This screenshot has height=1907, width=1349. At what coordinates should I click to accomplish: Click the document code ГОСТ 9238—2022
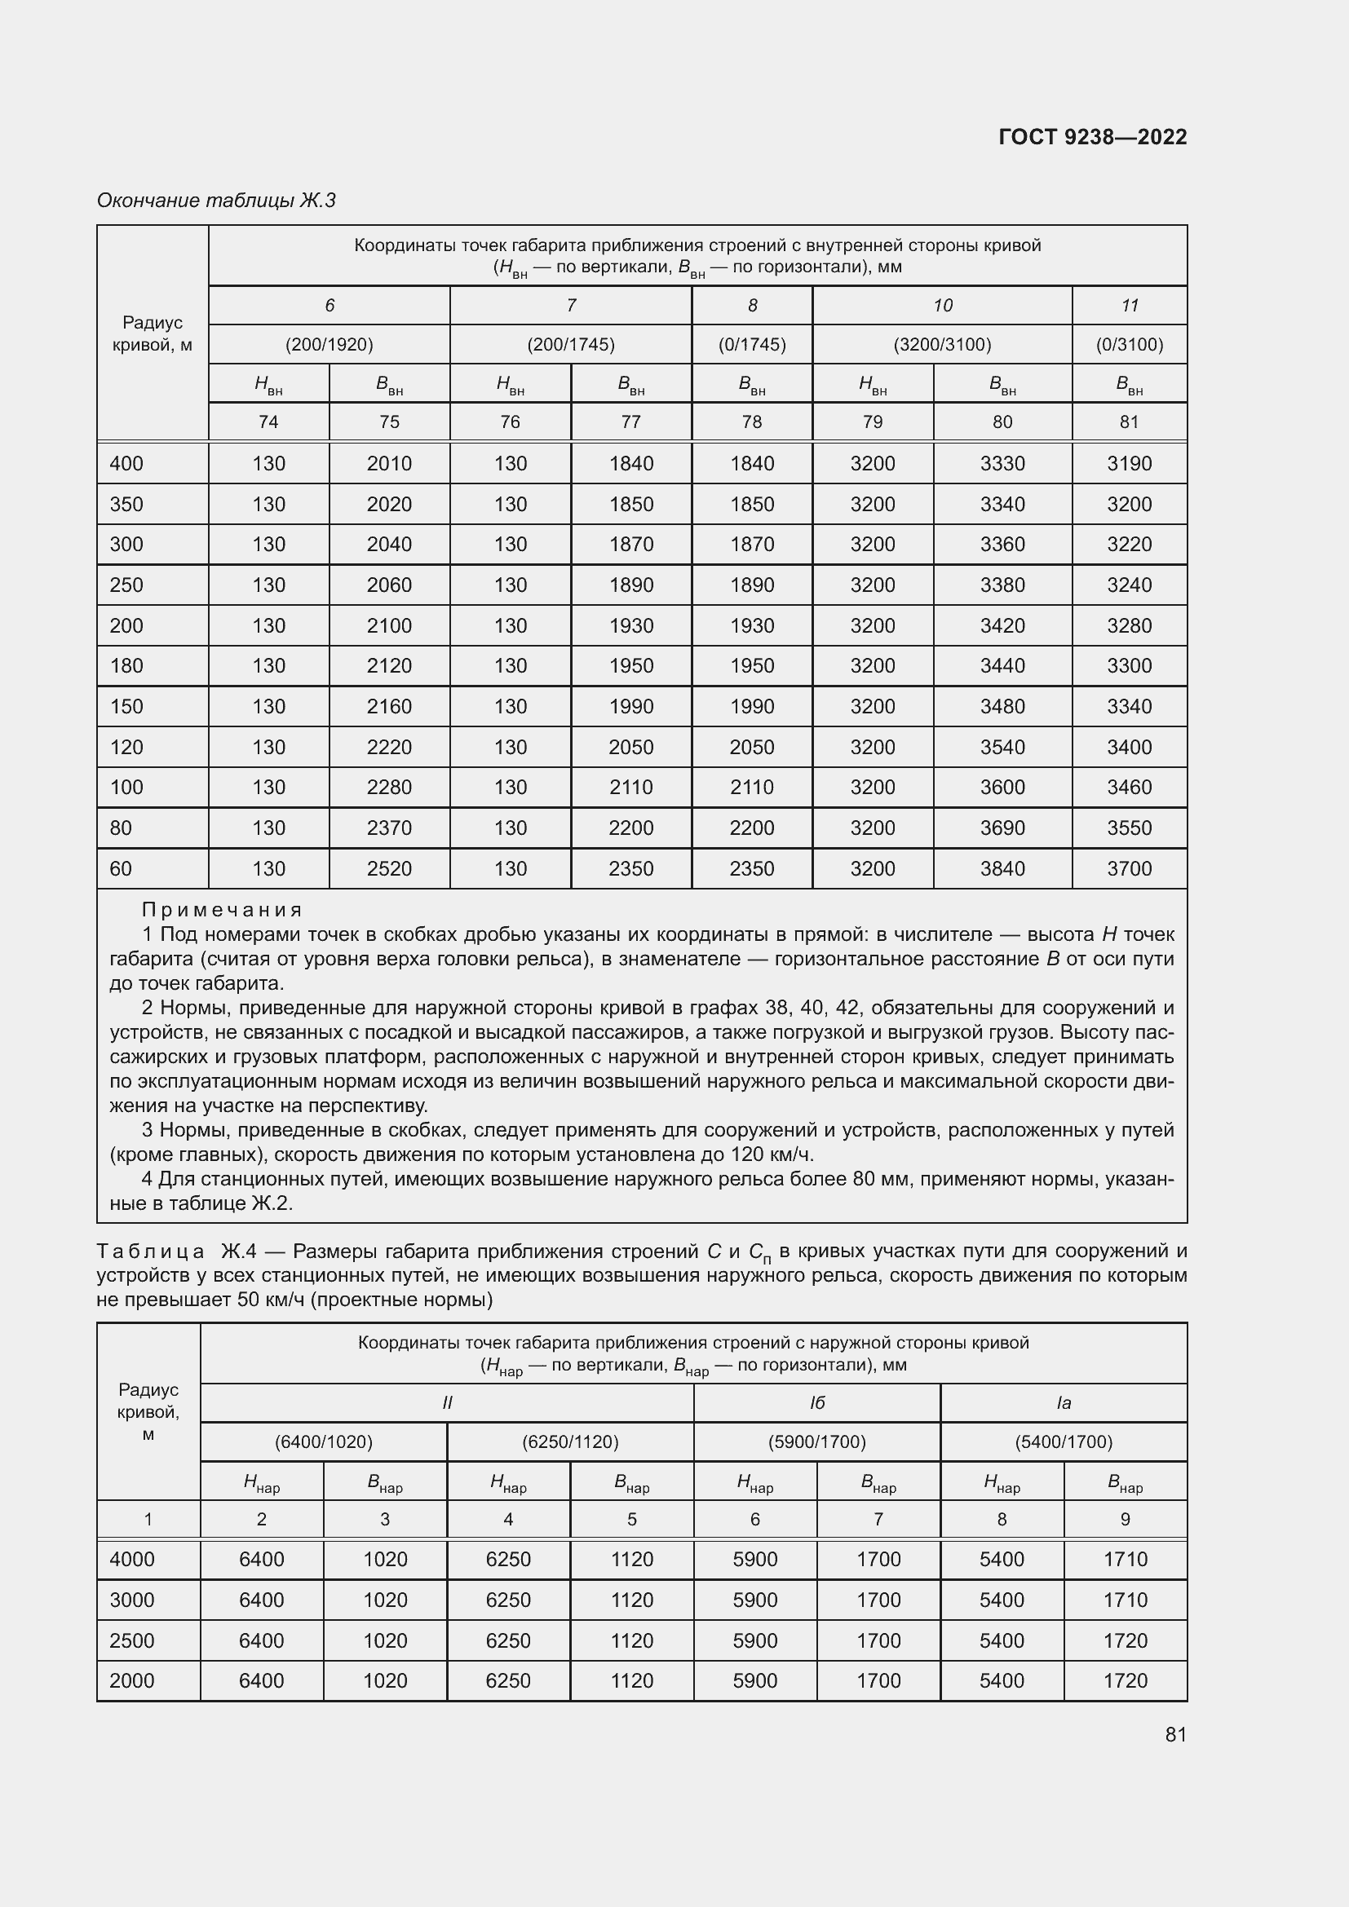pyautogui.click(x=1092, y=137)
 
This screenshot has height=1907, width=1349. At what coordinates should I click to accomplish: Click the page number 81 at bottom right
pyautogui.click(x=1175, y=1734)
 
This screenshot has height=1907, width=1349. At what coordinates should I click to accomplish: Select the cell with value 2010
pyautogui.click(x=389, y=463)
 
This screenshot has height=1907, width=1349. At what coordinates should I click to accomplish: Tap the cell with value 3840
pyautogui.click(x=1002, y=869)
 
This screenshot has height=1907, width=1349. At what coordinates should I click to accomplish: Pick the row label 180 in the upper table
pyautogui.click(x=126, y=666)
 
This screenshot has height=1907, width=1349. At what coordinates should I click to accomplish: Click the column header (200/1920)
pyautogui.click(x=329, y=345)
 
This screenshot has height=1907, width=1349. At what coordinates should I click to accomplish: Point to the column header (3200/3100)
pyautogui.click(x=942, y=345)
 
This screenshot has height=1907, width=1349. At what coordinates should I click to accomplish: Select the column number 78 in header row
pyautogui.click(x=752, y=422)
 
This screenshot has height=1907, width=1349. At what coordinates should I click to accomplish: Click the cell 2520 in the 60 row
pyautogui.click(x=389, y=869)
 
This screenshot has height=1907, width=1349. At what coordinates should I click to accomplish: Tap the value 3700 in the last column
pyautogui.click(x=1129, y=869)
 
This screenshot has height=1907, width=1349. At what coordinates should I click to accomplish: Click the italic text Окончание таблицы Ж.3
pyautogui.click(x=216, y=201)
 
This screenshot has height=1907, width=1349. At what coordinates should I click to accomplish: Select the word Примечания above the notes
pyautogui.click(x=222, y=911)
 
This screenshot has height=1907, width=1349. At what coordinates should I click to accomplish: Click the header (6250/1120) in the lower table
pyautogui.click(x=570, y=1442)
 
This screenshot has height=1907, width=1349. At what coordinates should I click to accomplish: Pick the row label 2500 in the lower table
pyautogui.click(x=132, y=1640)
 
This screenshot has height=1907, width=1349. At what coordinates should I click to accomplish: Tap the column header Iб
pyautogui.click(x=816, y=1403)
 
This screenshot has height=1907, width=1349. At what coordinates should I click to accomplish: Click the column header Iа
pyautogui.click(x=1064, y=1403)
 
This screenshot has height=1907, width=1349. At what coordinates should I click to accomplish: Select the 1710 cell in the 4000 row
pyautogui.click(x=1125, y=1559)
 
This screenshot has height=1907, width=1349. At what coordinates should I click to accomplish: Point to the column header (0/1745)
pyautogui.click(x=752, y=345)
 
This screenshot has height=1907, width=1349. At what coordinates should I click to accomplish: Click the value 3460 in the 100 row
pyautogui.click(x=1129, y=788)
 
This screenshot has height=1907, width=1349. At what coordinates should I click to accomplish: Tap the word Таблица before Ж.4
pyautogui.click(x=150, y=1251)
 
